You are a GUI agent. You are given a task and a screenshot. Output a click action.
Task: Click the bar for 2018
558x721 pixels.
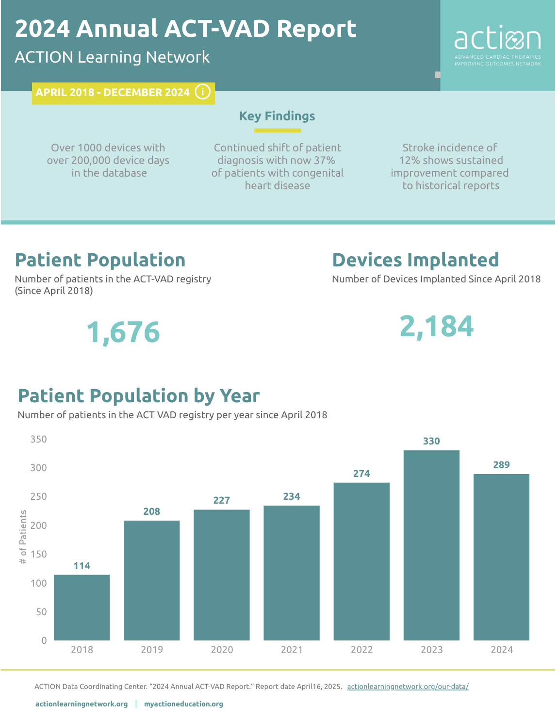(x=82, y=607)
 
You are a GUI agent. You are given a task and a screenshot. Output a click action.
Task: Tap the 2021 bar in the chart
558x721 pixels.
(x=291, y=573)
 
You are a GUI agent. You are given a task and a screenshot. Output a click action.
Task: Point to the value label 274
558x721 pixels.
(x=361, y=474)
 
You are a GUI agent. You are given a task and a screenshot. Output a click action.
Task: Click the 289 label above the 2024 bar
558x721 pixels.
(x=501, y=465)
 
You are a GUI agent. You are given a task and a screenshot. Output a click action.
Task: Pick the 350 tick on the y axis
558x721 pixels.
(x=39, y=439)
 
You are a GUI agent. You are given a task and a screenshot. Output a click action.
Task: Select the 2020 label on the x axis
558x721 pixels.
(x=222, y=650)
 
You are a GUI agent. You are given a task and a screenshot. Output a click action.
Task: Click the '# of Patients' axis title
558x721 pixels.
(x=23, y=537)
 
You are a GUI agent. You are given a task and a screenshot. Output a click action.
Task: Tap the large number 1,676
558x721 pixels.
(x=123, y=332)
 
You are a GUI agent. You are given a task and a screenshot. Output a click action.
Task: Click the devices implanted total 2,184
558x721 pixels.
(x=436, y=326)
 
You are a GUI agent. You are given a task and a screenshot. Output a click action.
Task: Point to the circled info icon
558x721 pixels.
(x=202, y=92)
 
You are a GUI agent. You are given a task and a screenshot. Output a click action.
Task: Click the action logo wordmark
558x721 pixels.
(x=497, y=40)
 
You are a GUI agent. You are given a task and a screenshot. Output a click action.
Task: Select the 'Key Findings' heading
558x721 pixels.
(x=277, y=116)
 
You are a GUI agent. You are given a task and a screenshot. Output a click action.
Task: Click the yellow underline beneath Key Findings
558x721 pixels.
(x=277, y=131)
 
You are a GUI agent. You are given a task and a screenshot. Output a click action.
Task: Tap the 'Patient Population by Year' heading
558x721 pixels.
(x=139, y=396)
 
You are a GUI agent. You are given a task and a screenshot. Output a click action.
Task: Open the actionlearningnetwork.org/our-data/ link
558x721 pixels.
(x=408, y=687)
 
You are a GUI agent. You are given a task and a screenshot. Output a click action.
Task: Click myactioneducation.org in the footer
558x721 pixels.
(x=183, y=704)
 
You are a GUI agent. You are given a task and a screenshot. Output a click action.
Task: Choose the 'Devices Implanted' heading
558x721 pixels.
(x=415, y=260)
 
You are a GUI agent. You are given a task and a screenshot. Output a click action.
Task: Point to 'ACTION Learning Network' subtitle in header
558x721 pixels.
(x=112, y=57)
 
